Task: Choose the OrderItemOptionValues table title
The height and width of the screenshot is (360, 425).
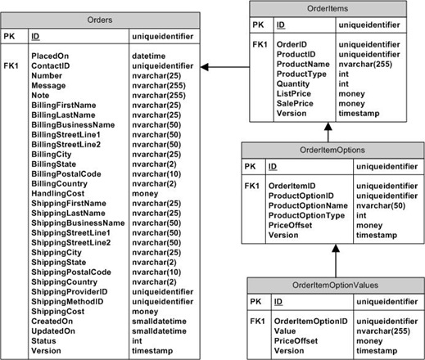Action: click(334, 285)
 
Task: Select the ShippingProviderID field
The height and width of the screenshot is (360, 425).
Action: click(71, 291)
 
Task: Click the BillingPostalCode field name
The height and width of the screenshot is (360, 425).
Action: click(66, 173)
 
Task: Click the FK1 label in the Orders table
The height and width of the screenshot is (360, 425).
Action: click(12, 65)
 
